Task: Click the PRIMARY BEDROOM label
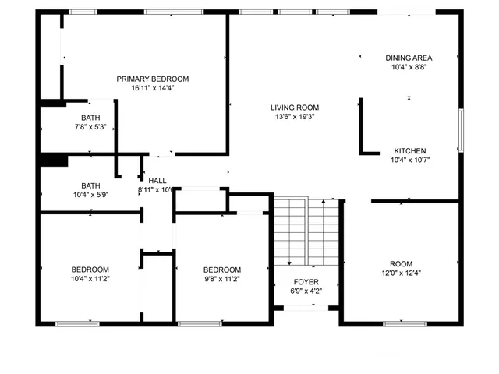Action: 153,79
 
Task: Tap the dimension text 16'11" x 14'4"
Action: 153,88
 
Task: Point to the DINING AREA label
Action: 409,58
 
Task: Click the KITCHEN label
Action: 409,150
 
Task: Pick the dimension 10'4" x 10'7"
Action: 409,160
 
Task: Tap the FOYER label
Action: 306,282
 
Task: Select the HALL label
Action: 157,180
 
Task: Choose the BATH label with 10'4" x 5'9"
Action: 90,185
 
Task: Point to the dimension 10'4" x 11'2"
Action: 90,278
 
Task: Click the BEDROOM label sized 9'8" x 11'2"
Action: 222,270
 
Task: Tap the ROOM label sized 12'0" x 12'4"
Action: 402,263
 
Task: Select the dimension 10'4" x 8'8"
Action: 409,67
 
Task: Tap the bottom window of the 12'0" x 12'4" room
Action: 405,323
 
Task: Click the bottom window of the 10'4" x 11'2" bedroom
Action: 77,323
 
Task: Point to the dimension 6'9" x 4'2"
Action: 306,291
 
